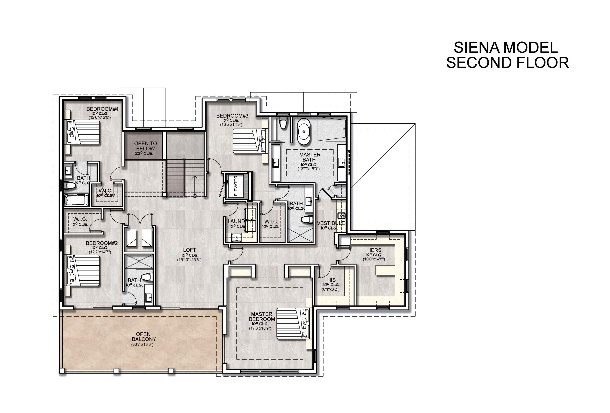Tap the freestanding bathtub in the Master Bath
click(304, 132)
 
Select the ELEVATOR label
click(236, 186)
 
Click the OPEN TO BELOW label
click(145, 146)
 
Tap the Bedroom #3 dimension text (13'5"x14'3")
click(231, 124)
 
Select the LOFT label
click(190, 250)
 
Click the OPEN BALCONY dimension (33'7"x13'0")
click(142, 344)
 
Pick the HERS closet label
click(374, 250)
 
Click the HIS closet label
click(331, 280)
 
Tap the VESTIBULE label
click(331, 223)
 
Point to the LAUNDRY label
click(239, 221)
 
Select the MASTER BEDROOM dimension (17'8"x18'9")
click(260, 328)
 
